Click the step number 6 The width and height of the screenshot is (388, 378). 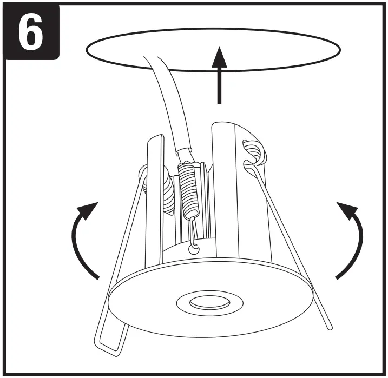[30, 30]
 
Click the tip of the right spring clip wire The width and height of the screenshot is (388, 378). [329, 327]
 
